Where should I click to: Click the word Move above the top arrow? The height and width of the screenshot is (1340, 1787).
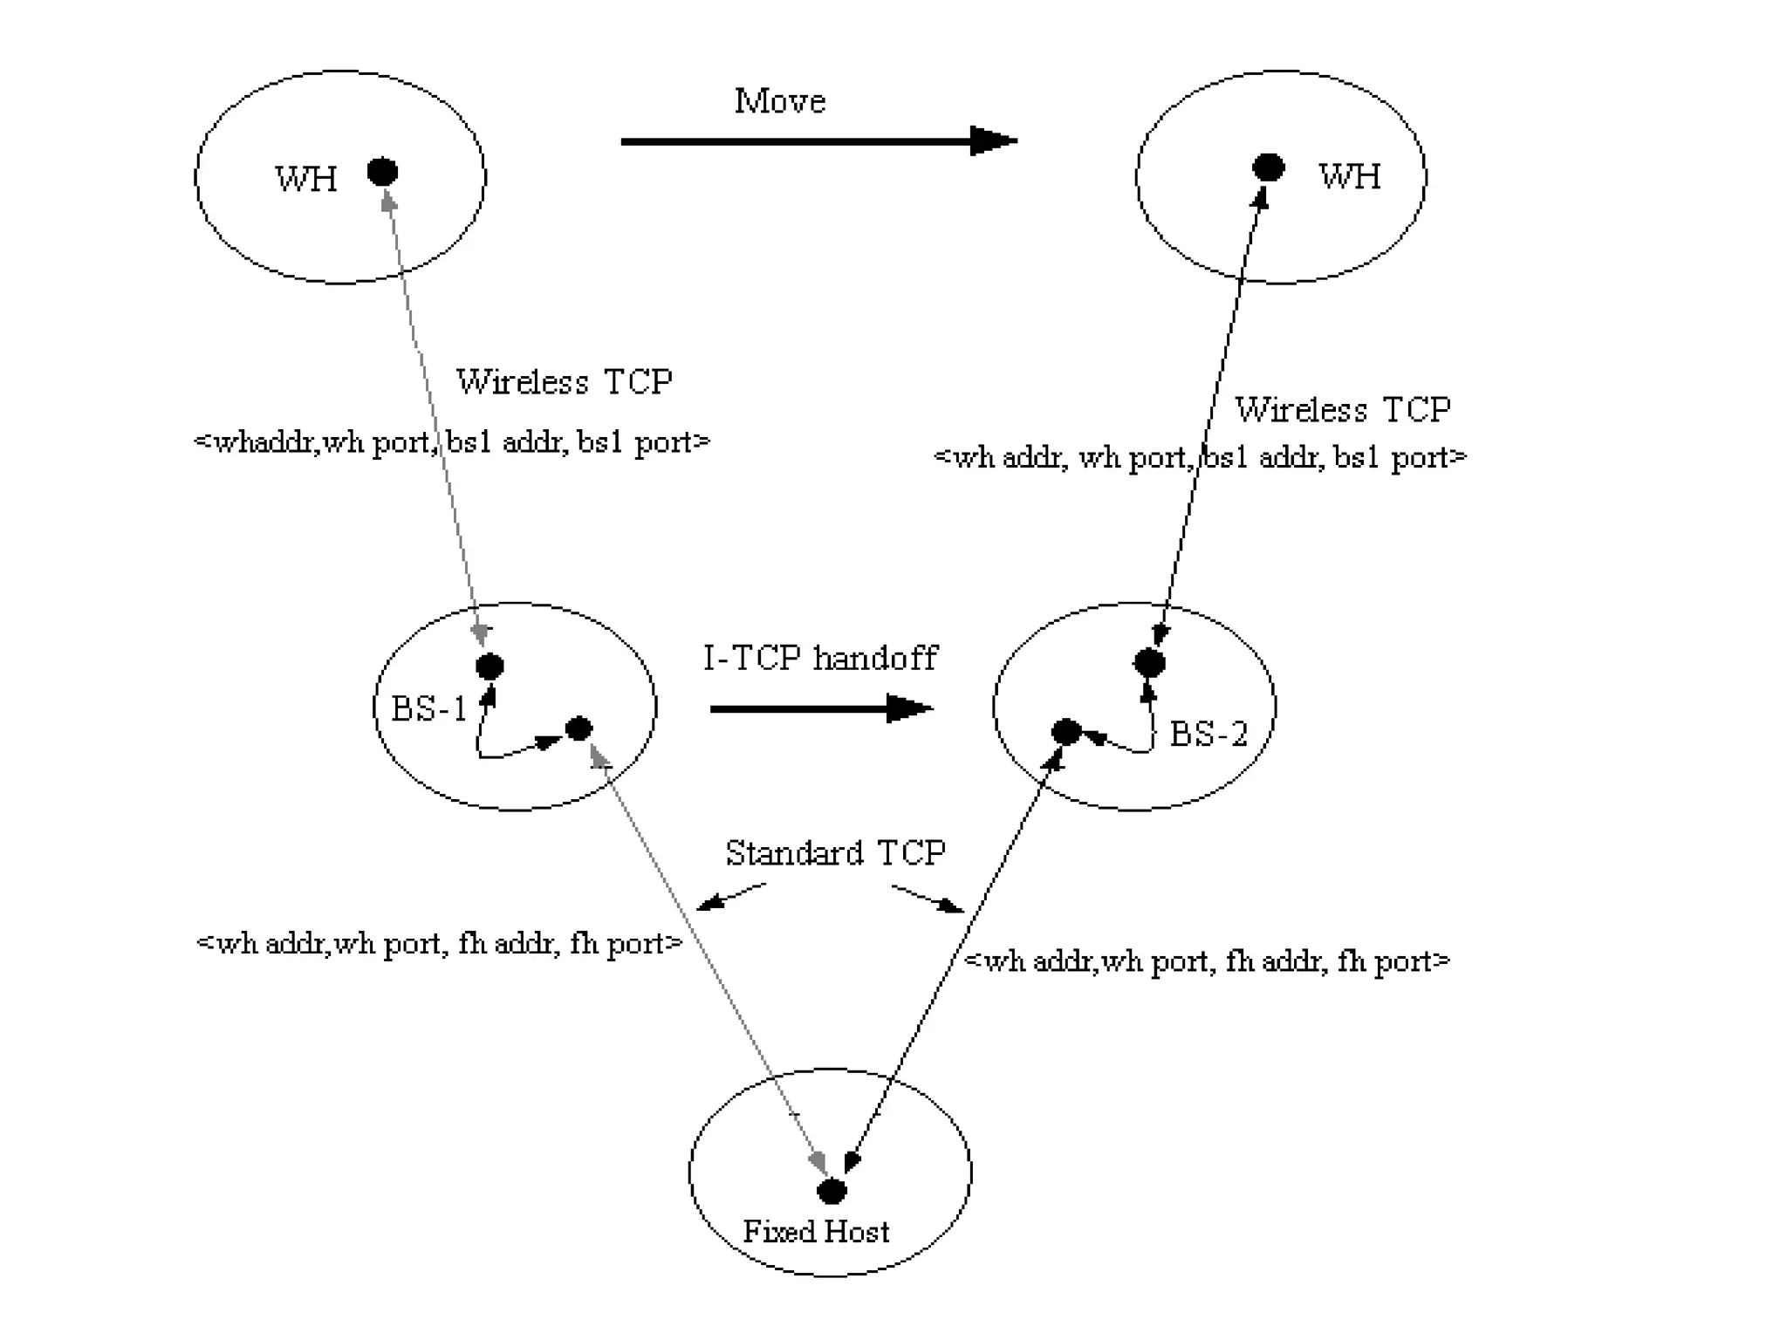coord(779,101)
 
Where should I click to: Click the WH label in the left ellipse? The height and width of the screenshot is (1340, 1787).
coord(306,179)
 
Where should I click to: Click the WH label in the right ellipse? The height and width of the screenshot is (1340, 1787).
coord(1349,176)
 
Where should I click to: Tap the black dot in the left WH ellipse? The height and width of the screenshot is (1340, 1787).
coord(382,172)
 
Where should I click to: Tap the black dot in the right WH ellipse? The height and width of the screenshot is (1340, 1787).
coord(1268,167)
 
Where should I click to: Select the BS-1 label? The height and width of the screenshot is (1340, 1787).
coord(429,708)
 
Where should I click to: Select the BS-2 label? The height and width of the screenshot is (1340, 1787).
coord(1208,734)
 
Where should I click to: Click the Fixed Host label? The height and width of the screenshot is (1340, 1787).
coord(816,1231)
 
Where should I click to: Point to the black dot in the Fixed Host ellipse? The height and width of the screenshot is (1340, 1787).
coord(832,1190)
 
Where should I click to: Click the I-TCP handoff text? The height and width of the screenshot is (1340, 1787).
coord(820,657)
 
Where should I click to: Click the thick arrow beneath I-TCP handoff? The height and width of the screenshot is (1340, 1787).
coord(820,708)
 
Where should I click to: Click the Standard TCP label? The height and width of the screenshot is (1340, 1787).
coord(835,852)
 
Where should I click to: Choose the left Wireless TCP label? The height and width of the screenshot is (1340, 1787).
coord(564,381)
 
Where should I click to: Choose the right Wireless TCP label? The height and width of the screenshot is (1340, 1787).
coord(1342,409)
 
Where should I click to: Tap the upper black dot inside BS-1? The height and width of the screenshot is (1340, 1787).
coord(490,667)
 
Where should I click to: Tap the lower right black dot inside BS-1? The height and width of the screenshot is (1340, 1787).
coord(579,728)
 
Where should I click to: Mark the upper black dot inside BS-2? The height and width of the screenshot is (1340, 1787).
coord(1149,663)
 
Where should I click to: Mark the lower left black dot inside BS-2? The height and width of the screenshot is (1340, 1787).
coord(1066,732)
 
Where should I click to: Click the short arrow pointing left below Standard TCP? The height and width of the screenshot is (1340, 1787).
coord(731,898)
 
